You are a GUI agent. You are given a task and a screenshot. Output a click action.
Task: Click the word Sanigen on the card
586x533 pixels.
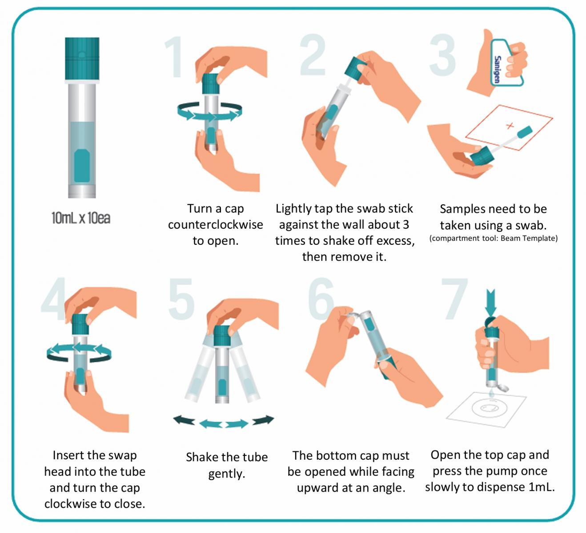point(497,69)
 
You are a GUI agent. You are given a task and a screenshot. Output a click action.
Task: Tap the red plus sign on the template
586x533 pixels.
point(510,126)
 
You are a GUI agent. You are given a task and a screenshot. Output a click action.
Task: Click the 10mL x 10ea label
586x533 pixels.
point(81,218)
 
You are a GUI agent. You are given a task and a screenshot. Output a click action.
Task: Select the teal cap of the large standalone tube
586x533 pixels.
point(82,58)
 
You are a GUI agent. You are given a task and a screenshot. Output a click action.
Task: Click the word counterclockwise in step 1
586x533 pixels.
point(216,225)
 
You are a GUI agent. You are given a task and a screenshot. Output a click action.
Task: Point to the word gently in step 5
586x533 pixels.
point(227,474)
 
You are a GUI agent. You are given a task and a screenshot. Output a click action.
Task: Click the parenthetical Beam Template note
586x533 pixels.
point(494,239)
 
